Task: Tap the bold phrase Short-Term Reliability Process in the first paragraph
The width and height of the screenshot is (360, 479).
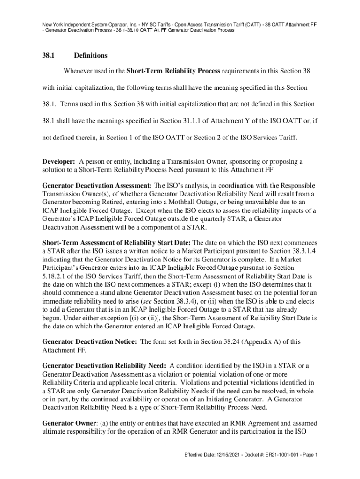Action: [173, 71]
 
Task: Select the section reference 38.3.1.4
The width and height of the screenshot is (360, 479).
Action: [303, 251]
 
